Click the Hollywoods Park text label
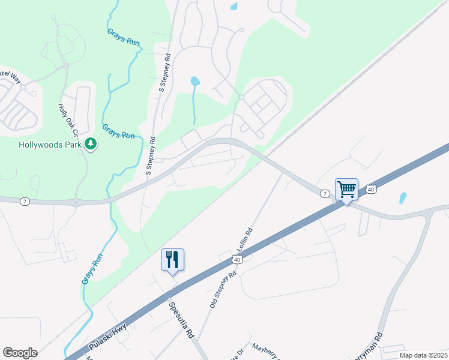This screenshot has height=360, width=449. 49,145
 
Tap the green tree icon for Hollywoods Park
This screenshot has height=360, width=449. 91,144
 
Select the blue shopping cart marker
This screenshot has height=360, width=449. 346,190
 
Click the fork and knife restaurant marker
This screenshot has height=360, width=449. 172,260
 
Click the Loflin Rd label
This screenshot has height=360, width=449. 247,239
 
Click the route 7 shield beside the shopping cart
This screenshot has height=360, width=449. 324,194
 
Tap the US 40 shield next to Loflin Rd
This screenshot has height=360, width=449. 237,259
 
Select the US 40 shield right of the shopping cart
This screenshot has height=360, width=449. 372,189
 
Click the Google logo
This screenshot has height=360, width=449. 20,353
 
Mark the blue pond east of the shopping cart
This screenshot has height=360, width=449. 403,197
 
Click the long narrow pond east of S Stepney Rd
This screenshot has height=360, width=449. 194,99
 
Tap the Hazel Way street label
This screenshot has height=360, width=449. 10,76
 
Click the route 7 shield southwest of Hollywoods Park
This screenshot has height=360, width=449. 25,202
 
